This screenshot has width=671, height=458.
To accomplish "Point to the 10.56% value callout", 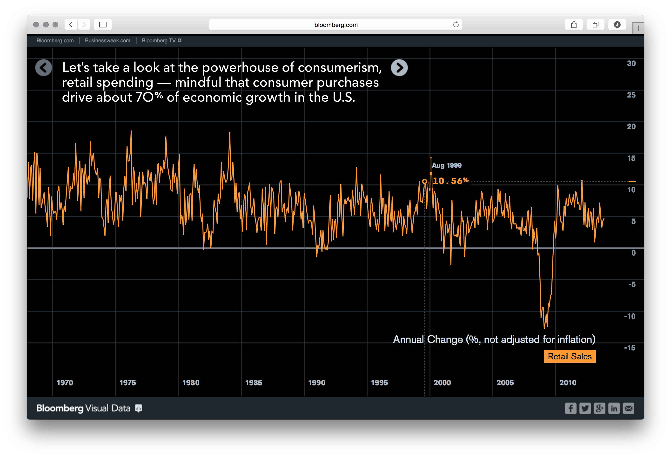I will pyautogui.click(x=450, y=181).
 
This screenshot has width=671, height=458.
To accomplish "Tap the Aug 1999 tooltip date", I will pyautogui.click(x=446, y=165).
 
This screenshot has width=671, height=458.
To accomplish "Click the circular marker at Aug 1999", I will pyautogui.click(x=424, y=181).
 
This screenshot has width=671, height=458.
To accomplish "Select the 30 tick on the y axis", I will pyautogui.click(x=631, y=64).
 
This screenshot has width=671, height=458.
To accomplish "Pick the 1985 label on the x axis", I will pyautogui.click(x=254, y=383).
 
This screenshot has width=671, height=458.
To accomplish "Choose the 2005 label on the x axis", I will pyautogui.click(x=505, y=383).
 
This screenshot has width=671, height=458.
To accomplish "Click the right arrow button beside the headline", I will pyautogui.click(x=399, y=68).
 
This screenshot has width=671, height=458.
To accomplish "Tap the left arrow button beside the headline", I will pyautogui.click(x=44, y=68).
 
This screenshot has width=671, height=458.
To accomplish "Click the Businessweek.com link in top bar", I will pyautogui.click(x=107, y=41).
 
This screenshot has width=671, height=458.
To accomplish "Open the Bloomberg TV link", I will pyautogui.click(x=159, y=41).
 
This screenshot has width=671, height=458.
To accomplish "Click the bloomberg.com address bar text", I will pyautogui.click(x=336, y=25).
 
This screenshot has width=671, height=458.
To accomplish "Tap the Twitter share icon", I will pyautogui.click(x=585, y=408).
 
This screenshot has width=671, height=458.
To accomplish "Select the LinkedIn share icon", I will pyautogui.click(x=614, y=408).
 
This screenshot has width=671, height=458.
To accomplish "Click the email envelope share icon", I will pyautogui.click(x=628, y=408).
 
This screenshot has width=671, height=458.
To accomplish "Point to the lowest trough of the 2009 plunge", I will pyautogui.click(x=544, y=328).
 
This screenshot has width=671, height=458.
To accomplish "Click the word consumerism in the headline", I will pyautogui.click(x=340, y=67).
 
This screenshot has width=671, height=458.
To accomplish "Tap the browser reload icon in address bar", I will pyautogui.click(x=456, y=25).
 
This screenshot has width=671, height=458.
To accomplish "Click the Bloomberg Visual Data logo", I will pyautogui.click(x=83, y=408).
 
